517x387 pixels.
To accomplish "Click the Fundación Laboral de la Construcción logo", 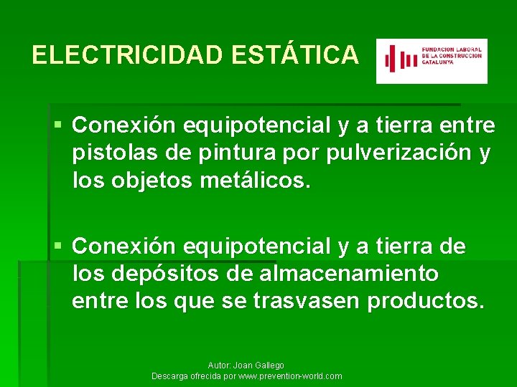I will pyautogui.click(x=432, y=61).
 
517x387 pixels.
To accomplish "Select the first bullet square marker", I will pyautogui.click(x=59, y=125).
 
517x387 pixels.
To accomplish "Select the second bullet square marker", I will pyautogui.click(x=59, y=247).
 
